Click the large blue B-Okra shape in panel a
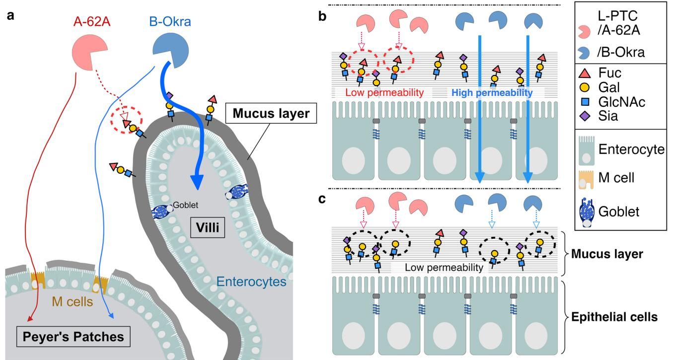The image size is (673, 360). (170, 50)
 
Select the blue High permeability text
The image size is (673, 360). (491, 92)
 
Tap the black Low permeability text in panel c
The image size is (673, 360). (444, 267)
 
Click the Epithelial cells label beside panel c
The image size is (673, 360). (614, 317)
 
